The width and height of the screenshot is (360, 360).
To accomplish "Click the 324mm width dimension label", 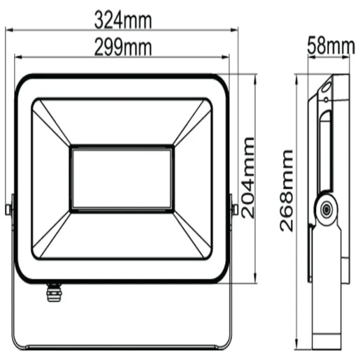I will (122, 20).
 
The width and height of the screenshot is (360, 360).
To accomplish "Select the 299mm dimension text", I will (122, 47).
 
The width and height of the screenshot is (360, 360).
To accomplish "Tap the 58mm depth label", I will (331, 47).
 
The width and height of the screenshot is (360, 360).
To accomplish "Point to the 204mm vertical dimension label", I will (250, 178).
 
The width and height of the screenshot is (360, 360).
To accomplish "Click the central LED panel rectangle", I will (122, 178).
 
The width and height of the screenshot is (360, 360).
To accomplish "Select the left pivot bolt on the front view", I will (8, 208).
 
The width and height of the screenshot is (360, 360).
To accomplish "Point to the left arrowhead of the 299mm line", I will (17, 58).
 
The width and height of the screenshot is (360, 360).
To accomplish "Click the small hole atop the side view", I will (326, 89).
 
